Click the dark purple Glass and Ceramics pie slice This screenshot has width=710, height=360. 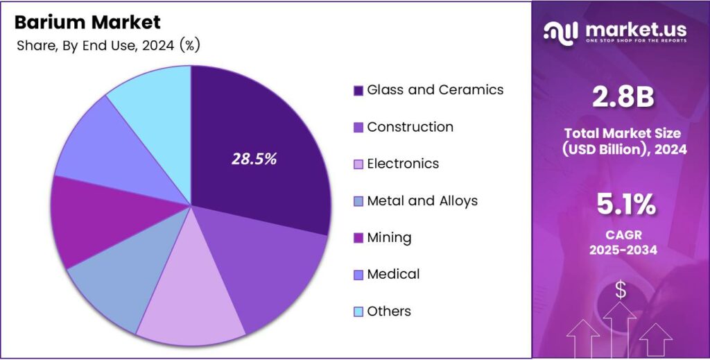257,139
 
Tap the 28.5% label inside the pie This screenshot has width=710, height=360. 254,159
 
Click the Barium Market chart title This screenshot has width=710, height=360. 87,22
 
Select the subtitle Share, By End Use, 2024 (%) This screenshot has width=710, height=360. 107,46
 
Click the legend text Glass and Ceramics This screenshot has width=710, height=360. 435,90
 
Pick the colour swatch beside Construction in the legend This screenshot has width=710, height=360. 358,128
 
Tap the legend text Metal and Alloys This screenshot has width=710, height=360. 422,201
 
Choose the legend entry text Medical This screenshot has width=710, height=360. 393,275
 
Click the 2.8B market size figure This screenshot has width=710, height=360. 622,98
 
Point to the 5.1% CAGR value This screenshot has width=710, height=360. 622,205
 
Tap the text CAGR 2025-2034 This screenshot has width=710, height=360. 622,242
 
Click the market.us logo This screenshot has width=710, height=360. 616,31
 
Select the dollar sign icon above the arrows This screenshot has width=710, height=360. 620,291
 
